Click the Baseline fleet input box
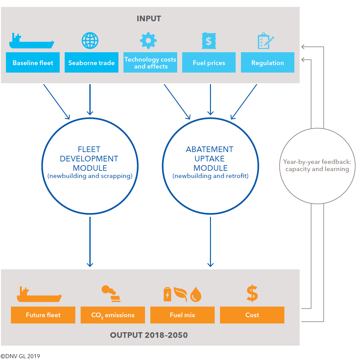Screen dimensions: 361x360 [x=33, y=63]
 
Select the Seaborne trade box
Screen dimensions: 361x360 [x=91, y=63]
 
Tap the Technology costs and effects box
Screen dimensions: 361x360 [x=150, y=63]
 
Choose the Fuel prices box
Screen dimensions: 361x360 [x=209, y=63]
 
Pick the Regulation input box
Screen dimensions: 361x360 [x=267, y=63]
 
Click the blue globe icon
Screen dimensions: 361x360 [x=90, y=41]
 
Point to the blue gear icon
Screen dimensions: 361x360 [x=148, y=41]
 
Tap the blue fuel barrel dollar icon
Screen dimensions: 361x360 [x=209, y=41]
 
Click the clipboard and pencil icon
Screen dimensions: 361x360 [x=266, y=41]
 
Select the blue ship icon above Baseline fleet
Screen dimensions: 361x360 [x=31, y=41]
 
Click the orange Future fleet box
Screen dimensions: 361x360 [x=43, y=315]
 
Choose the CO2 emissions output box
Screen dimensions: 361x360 [x=113, y=315]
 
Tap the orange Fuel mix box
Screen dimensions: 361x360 [x=182, y=315]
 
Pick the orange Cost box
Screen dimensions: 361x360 [x=252, y=315]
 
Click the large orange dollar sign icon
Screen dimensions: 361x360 [x=252, y=293]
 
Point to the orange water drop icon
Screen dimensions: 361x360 [x=196, y=294]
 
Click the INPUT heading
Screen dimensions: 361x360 [x=149, y=19]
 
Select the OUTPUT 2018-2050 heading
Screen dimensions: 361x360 [x=149, y=335]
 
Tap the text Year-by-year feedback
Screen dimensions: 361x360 [x=317, y=162]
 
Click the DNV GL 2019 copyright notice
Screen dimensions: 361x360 [x=20, y=356]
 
